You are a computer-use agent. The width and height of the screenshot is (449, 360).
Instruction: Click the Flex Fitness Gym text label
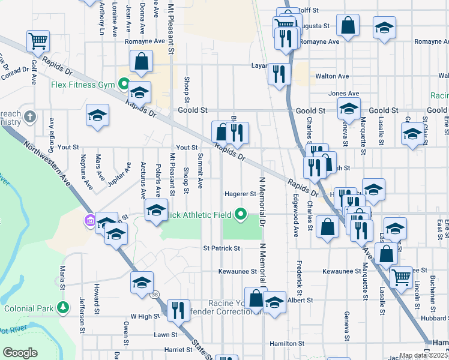pyautogui.click(x=82, y=85)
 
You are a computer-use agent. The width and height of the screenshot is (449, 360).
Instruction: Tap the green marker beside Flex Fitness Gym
pyautogui.click(x=123, y=85)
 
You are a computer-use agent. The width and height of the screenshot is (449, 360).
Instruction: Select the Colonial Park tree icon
pyautogui.click(x=62, y=308)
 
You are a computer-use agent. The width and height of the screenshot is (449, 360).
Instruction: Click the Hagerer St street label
pyautogui.click(x=240, y=194)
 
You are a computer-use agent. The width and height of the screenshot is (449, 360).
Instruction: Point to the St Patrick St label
pyautogui.click(x=221, y=248)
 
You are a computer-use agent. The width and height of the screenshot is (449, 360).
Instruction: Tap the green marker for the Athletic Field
pyautogui.click(x=241, y=213)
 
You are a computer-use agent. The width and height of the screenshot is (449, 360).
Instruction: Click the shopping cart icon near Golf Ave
pyautogui.click(x=37, y=41)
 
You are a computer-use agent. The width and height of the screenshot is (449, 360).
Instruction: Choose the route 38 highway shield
pyautogui.click(x=155, y=295)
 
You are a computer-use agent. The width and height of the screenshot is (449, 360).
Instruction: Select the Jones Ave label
pyautogui.click(x=343, y=94)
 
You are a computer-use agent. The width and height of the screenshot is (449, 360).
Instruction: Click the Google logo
pyautogui.click(x=20, y=353)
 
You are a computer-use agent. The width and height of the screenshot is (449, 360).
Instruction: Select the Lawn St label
pyautogui.click(x=165, y=334)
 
